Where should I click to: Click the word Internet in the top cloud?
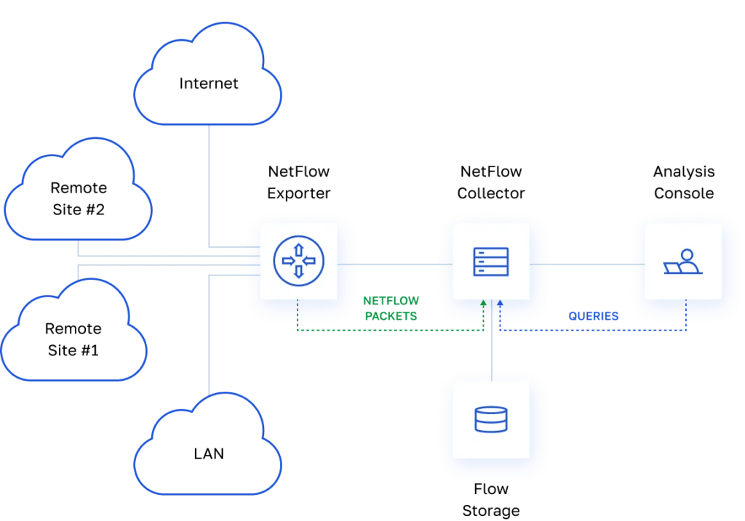click(x=209, y=84)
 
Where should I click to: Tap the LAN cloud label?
click(x=209, y=454)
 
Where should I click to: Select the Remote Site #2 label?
click(x=79, y=198)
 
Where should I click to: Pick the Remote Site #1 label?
click(x=73, y=339)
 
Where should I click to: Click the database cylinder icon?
click(x=491, y=419)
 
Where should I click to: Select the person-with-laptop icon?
click(x=682, y=262)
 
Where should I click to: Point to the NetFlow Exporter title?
click(x=298, y=183)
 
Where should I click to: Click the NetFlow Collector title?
click(x=491, y=183)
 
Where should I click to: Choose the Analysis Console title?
click(x=683, y=183)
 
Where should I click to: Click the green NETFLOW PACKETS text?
click(x=391, y=308)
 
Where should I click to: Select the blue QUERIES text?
click(x=594, y=316)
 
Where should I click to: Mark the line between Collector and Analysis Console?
click(x=586, y=263)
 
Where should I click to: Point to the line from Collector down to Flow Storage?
click(x=492, y=349)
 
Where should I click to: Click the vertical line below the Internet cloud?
click(x=209, y=182)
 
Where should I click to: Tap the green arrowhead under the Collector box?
click(x=483, y=303)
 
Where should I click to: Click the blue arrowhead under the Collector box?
click(x=500, y=303)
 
